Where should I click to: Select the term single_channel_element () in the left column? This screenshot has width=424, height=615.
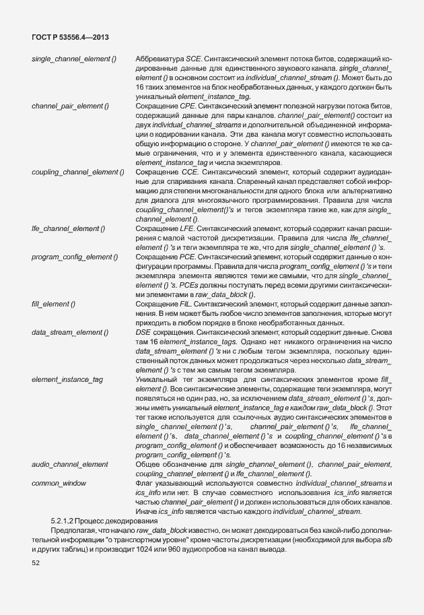[74, 61]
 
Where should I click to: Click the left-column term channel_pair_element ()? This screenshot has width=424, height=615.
[71, 106]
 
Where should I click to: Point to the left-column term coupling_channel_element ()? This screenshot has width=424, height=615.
[78, 172]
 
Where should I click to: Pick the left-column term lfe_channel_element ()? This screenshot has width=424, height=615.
[69, 229]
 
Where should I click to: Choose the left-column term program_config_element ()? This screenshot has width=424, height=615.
[75, 257]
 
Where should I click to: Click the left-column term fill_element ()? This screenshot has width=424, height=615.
[53, 304]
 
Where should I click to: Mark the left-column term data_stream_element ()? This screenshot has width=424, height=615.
[70, 333]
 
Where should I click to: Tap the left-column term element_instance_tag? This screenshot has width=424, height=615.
[67, 380]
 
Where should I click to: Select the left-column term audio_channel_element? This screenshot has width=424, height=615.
[70, 465]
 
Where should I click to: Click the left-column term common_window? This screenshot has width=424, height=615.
[56, 484]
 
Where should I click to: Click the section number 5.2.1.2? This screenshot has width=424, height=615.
[67, 521]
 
